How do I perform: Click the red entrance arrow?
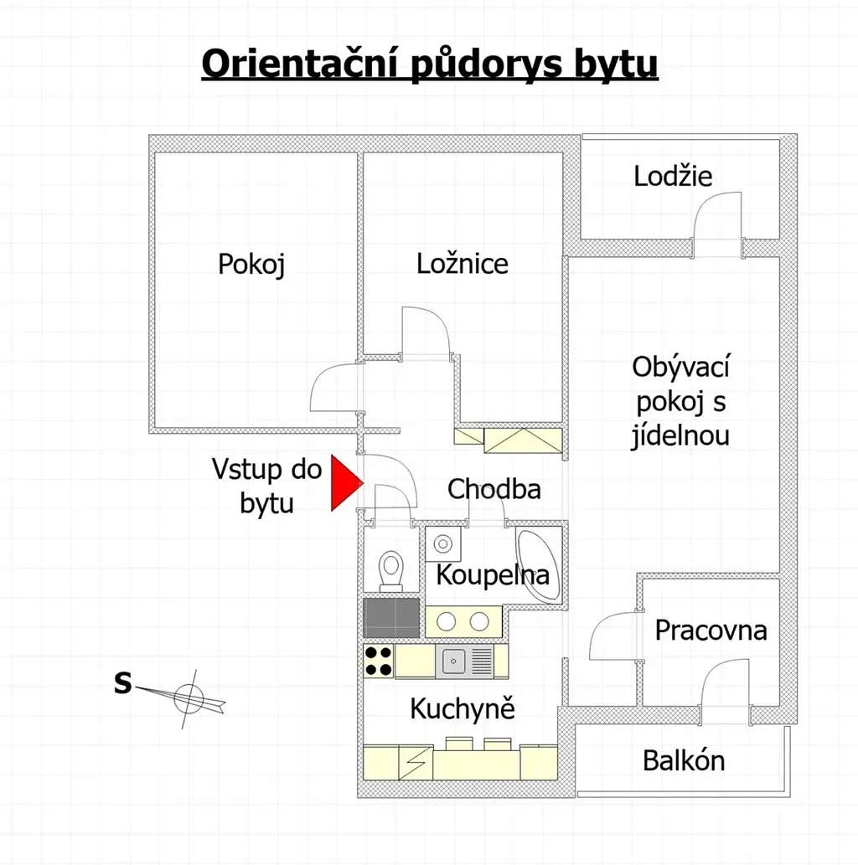344,483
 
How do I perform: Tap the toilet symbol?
391,570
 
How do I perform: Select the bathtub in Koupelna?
538,565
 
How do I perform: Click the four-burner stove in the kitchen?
379,661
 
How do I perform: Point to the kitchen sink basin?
453,661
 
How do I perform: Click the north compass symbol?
187,699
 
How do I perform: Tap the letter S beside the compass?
122,683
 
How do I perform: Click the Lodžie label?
673,177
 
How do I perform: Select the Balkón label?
684,760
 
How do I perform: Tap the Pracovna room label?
711,630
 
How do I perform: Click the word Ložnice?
463,264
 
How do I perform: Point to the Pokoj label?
251,265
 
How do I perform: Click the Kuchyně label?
463,708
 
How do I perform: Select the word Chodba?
494,489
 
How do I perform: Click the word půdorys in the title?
486,65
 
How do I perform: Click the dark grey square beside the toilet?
391,618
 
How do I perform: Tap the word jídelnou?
680,435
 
